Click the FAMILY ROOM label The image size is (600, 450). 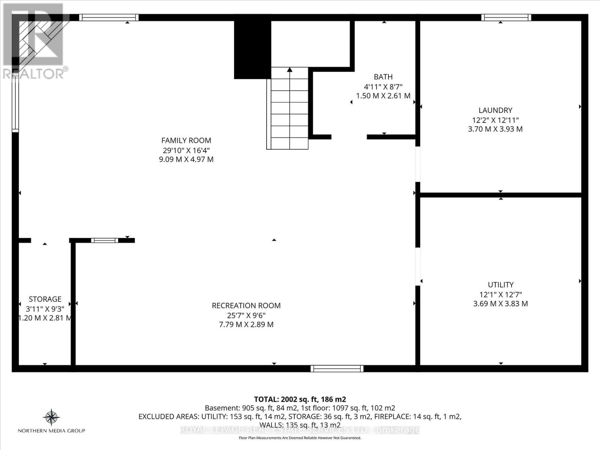pyautogui.click(x=186, y=140)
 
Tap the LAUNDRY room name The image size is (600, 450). pyautogui.click(x=495, y=110)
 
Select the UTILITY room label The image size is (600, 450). pyautogui.click(x=500, y=285)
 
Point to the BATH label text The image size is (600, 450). pyautogui.click(x=383, y=77)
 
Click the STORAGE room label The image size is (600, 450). pyautogui.click(x=45, y=299)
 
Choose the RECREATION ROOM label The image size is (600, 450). pyautogui.click(x=246, y=306)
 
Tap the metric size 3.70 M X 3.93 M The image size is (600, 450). pyautogui.click(x=495, y=129)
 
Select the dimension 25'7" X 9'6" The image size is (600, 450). pyautogui.click(x=246, y=315)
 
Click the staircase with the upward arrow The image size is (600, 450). pyautogui.click(x=289, y=109)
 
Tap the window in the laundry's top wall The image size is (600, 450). pyautogui.click(x=506, y=17)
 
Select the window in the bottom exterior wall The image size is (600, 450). pyautogui.click(x=337, y=369)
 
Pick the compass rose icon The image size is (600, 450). pyautogui.click(x=51, y=417)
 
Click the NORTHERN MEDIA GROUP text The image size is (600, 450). pyautogui.click(x=51, y=431)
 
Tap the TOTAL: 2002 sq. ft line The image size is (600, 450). pyautogui.click(x=300, y=399)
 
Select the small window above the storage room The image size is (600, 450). pyautogui.click(x=104, y=240)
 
